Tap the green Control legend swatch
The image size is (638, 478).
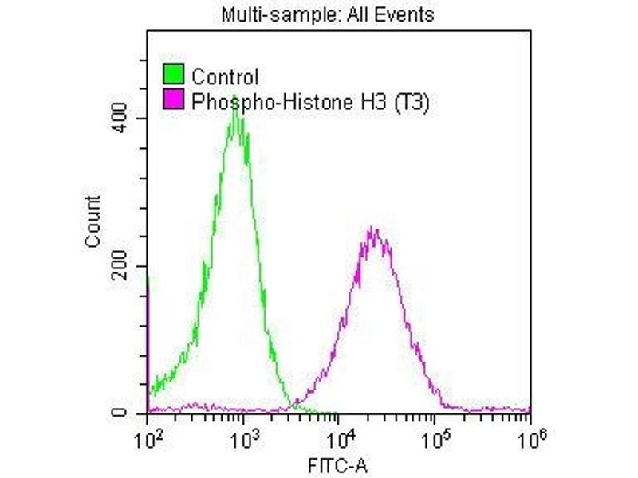(174, 76)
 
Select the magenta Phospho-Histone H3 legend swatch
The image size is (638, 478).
(174, 100)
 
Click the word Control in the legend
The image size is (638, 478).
(225, 77)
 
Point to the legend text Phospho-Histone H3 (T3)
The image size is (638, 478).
(311, 101)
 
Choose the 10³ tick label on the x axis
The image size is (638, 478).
(244, 437)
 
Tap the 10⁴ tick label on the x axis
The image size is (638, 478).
(340, 437)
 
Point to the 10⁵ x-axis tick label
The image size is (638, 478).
(435, 437)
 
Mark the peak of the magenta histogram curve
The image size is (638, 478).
(371, 229)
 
